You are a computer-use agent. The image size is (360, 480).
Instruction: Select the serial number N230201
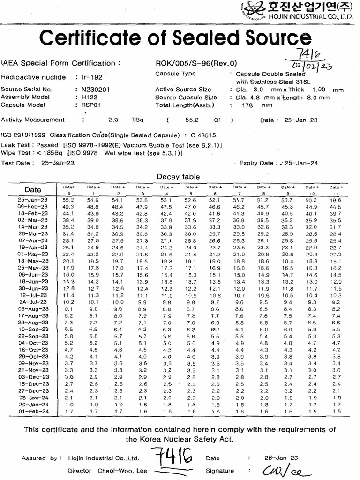click(x=96, y=90)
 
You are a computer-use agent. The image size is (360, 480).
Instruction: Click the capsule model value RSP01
click(x=90, y=105)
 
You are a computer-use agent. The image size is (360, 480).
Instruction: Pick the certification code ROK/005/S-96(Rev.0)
click(x=196, y=63)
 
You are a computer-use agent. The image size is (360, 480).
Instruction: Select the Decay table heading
click(x=178, y=177)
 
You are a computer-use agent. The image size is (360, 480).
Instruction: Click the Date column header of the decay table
click(x=33, y=189)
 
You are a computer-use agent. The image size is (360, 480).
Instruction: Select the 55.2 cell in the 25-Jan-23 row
click(x=69, y=200)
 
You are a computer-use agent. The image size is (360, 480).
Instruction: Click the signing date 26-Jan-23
click(x=281, y=458)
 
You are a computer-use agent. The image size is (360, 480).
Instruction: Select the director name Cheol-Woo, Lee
click(x=122, y=471)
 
